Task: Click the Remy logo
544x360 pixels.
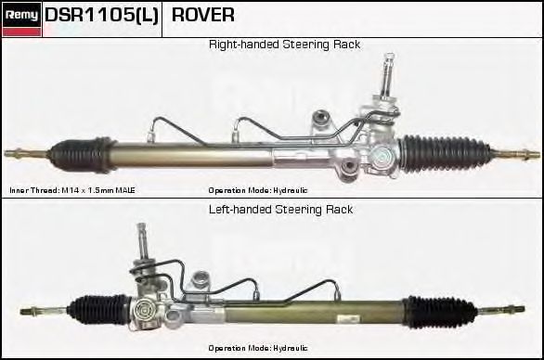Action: tap(22, 15)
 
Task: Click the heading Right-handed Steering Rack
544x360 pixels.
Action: tap(284, 45)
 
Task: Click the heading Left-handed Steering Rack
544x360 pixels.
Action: tap(280, 210)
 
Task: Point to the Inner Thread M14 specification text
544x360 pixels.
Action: tap(72, 189)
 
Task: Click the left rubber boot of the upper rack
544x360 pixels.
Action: tap(84, 150)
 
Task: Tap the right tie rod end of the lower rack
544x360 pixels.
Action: tap(511, 309)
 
